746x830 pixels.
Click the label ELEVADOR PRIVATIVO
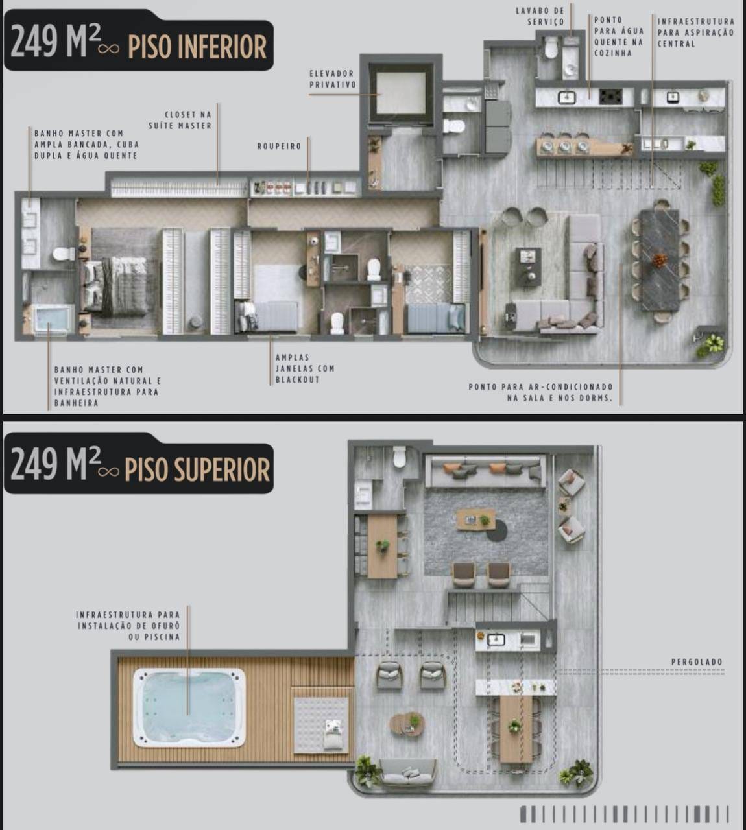point(332,79)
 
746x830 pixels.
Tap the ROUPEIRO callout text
point(279,147)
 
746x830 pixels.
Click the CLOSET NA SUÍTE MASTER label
point(180,120)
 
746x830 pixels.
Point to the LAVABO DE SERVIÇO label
point(540,16)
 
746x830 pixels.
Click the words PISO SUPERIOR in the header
point(197,470)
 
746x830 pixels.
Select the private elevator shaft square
point(401,93)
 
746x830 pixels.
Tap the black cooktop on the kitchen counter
point(610,97)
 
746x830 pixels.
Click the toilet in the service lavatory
point(551,49)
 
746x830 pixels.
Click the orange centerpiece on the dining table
point(659,259)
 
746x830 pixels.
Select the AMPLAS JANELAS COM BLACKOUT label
point(305,368)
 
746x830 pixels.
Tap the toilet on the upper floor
point(400,456)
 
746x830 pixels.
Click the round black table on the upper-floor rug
point(497,531)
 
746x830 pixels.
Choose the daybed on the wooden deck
point(321,726)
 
